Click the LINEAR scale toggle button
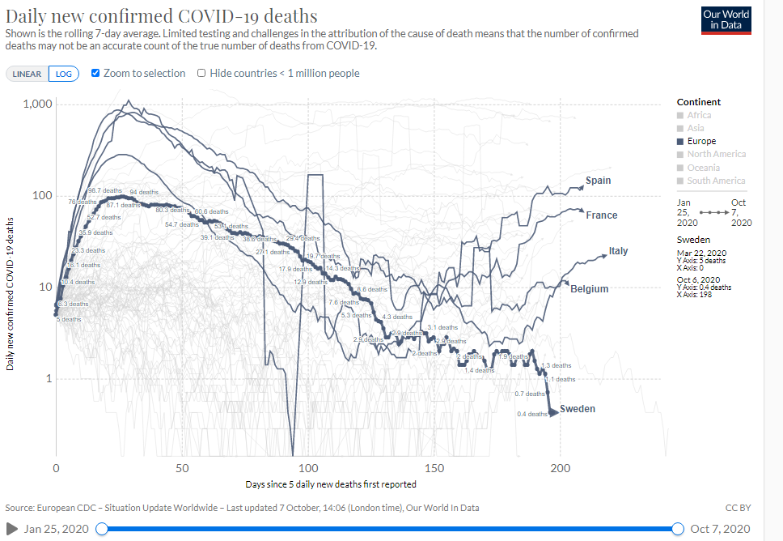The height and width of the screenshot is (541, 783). tap(27, 74)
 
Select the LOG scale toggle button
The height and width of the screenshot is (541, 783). tap(63, 74)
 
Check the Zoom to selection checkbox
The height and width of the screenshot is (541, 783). tap(96, 73)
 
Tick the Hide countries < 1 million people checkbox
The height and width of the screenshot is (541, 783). tap(201, 73)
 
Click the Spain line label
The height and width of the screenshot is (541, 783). tap(599, 181)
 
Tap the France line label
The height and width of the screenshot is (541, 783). tap(601, 215)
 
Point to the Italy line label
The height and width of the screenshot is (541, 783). tap(618, 251)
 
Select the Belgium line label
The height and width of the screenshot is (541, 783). tap(589, 289)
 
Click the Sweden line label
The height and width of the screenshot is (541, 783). tap(577, 409)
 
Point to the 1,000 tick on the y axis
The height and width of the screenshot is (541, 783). tap(38, 104)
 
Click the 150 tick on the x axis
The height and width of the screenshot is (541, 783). tap(434, 468)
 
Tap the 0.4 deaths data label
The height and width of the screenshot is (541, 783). tap(531, 414)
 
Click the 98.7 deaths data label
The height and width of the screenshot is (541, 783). tap(105, 190)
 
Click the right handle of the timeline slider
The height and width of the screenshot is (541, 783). tap(678, 529)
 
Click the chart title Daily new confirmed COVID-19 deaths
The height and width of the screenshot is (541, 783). tap(161, 16)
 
